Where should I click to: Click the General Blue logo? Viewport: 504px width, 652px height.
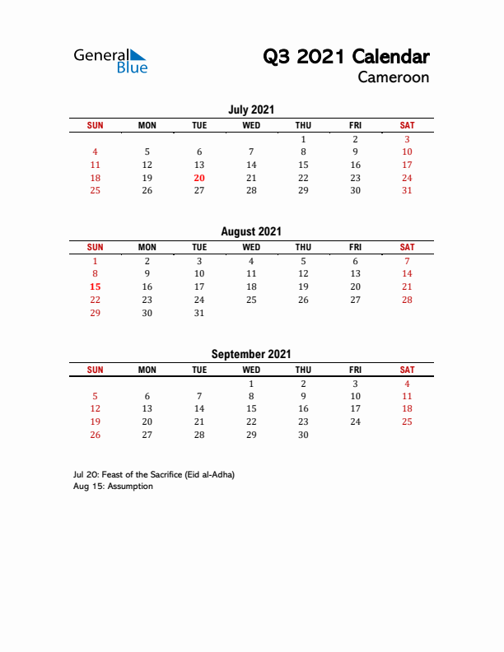[x=110, y=60]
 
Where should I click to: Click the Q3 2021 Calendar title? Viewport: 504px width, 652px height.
[x=346, y=57]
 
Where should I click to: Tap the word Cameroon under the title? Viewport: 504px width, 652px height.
[x=393, y=77]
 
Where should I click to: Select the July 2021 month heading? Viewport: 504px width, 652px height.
[x=251, y=109]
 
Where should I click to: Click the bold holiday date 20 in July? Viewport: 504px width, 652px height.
[x=199, y=178]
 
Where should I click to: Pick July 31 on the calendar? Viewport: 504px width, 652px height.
[x=407, y=190]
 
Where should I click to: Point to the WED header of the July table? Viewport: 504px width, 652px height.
[x=251, y=125]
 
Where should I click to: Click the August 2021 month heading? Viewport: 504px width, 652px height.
[x=251, y=232]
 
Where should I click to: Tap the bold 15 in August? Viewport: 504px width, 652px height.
[x=96, y=286]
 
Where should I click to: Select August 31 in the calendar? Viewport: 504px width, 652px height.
[x=199, y=313]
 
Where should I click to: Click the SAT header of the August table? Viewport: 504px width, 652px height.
[x=407, y=247]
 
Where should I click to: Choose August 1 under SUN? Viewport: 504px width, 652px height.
[x=96, y=261]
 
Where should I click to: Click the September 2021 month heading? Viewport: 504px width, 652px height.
[x=251, y=354]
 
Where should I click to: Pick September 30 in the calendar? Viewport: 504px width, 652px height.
[x=303, y=435]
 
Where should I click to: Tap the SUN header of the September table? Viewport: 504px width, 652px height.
[x=96, y=370]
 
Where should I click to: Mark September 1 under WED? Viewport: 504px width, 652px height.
[x=251, y=384]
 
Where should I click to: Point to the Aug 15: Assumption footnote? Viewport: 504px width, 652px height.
[x=113, y=487]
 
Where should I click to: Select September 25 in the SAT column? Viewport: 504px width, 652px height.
[x=407, y=421]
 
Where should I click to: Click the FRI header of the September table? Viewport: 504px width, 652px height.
[x=355, y=370]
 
